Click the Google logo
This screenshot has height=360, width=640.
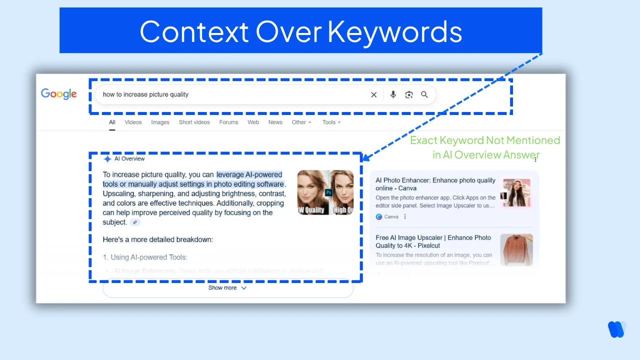tap(58, 94)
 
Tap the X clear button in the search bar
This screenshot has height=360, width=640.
tap(373, 94)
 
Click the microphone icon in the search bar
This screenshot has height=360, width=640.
tap(393, 94)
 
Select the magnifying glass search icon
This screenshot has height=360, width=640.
tap(424, 94)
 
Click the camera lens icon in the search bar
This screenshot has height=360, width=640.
tap(409, 94)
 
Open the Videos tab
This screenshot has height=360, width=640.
tap(133, 122)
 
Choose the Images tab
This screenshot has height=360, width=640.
tap(160, 122)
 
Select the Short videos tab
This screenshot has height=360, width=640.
tap(194, 122)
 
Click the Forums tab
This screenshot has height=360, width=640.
tap(228, 122)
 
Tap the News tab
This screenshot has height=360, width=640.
tap(275, 122)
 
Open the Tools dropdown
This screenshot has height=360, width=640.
tap(331, 122)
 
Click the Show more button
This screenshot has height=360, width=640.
tap(227, 288)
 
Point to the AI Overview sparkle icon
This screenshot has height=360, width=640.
tap(107, 159)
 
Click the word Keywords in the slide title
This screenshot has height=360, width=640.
tap(394, 31)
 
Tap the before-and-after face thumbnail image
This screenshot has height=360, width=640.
tap(325, 192)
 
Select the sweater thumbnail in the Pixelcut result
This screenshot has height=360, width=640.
tap(516, 249)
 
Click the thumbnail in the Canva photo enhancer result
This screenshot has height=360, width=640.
tap(516, 193)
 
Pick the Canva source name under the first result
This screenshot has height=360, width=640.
tap(391, 216)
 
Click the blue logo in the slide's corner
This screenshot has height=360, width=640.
tap(616, 329)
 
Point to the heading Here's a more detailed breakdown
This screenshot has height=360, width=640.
tap(158, 239)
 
